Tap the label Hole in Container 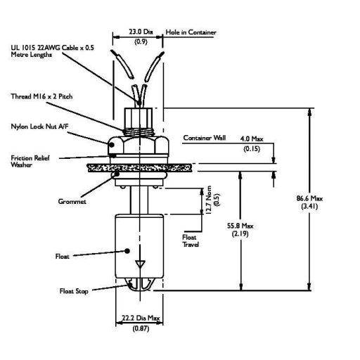(x=191, y=32)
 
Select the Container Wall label (x=204, y=138)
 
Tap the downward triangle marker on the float (x=141, y=265)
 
